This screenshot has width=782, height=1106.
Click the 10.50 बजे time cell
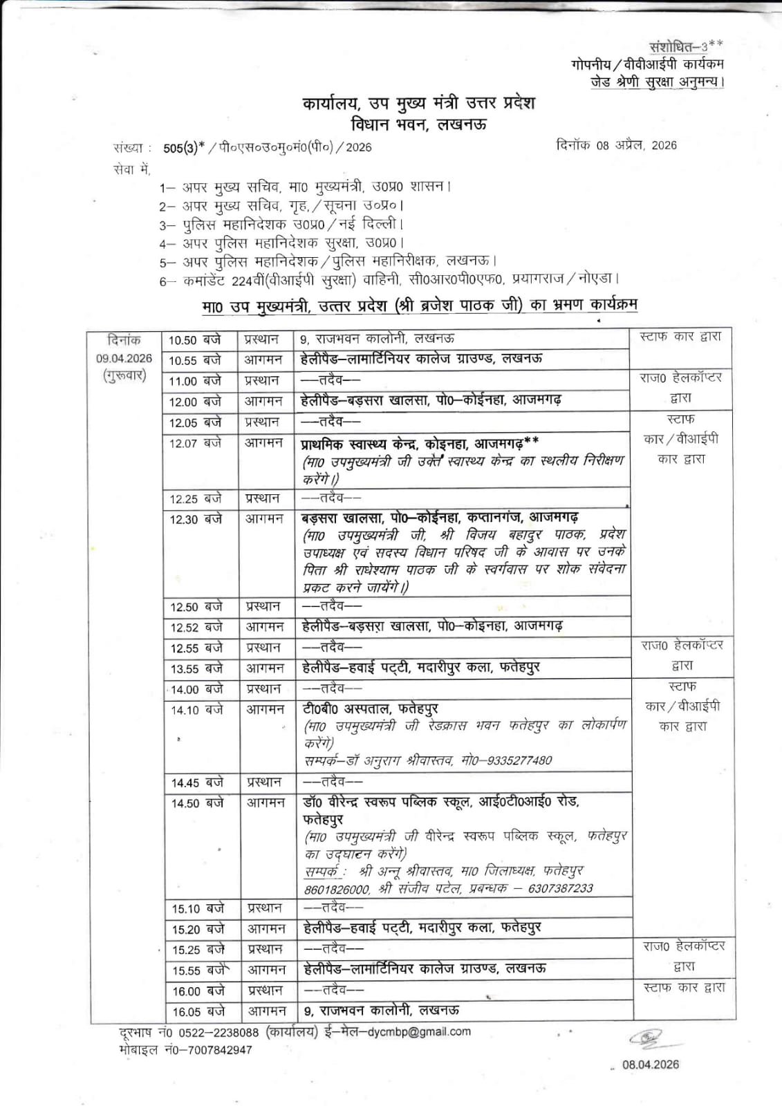(x=194, y=340)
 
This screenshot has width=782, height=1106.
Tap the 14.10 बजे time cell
(x=197, y=710)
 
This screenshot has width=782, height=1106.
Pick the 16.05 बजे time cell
(x=198, y=1012)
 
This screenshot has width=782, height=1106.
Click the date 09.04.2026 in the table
(x=124, y=359)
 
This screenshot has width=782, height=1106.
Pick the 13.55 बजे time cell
(x=197, y=668)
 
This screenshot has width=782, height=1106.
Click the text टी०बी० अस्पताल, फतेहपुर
(x=370, y=709)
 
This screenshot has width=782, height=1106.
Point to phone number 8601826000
(x=337, y=889)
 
